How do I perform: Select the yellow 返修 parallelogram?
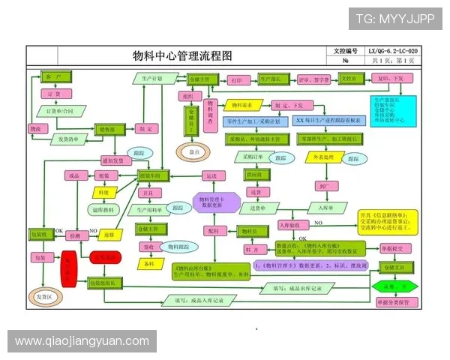[x=109, y=234]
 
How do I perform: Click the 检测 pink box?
[x=74, y=235]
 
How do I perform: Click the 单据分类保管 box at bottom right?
[x=395, y=302]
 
